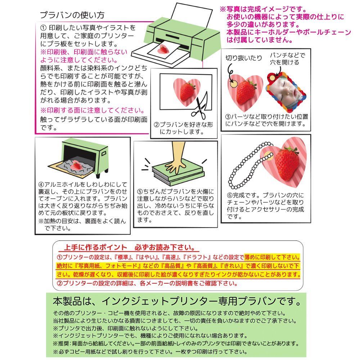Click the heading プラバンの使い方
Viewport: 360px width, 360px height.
(x=72, y=15)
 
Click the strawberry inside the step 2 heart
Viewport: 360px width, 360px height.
(x=187, y=91)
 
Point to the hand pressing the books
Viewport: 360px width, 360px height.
(x=176, y=158)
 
